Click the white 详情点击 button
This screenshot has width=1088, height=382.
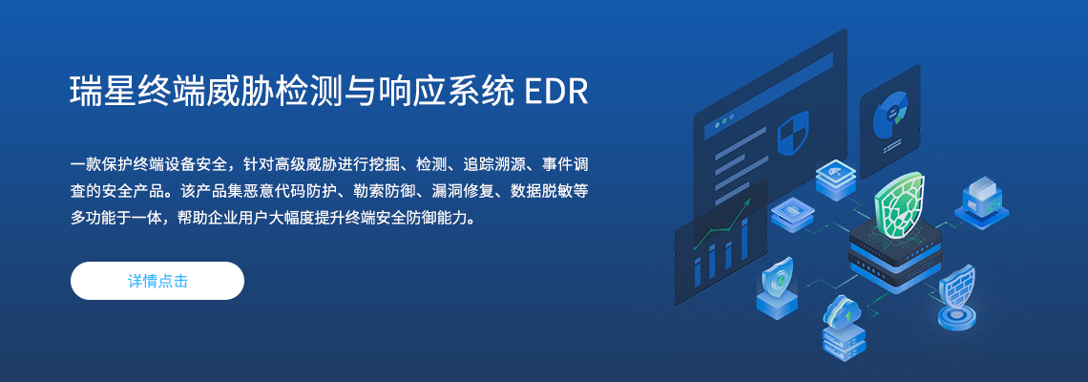click(157, 281)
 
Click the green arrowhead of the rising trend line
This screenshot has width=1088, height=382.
click(746, 202)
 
